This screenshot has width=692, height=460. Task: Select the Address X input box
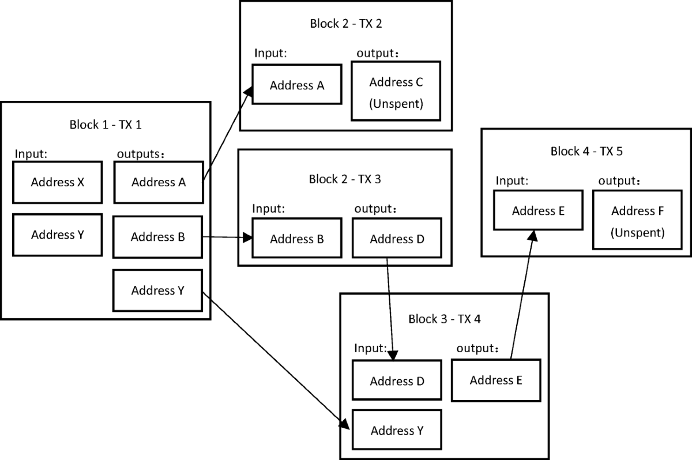[57, 183]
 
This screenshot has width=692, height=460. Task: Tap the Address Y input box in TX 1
[57, 235]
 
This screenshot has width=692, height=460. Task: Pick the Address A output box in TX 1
[159, 183]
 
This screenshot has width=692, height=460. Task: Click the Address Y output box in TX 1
[157, 290]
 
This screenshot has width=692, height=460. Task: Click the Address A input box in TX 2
[297, 85]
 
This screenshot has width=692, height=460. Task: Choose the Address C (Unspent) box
[396, 91]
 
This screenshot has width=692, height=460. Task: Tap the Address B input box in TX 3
[296, 239]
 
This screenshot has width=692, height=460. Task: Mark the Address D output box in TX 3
[397, 239]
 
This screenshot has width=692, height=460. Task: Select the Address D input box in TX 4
[397, 381]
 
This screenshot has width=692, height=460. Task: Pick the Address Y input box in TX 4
[397, 431]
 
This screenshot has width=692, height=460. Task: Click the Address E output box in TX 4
[496, 380]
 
